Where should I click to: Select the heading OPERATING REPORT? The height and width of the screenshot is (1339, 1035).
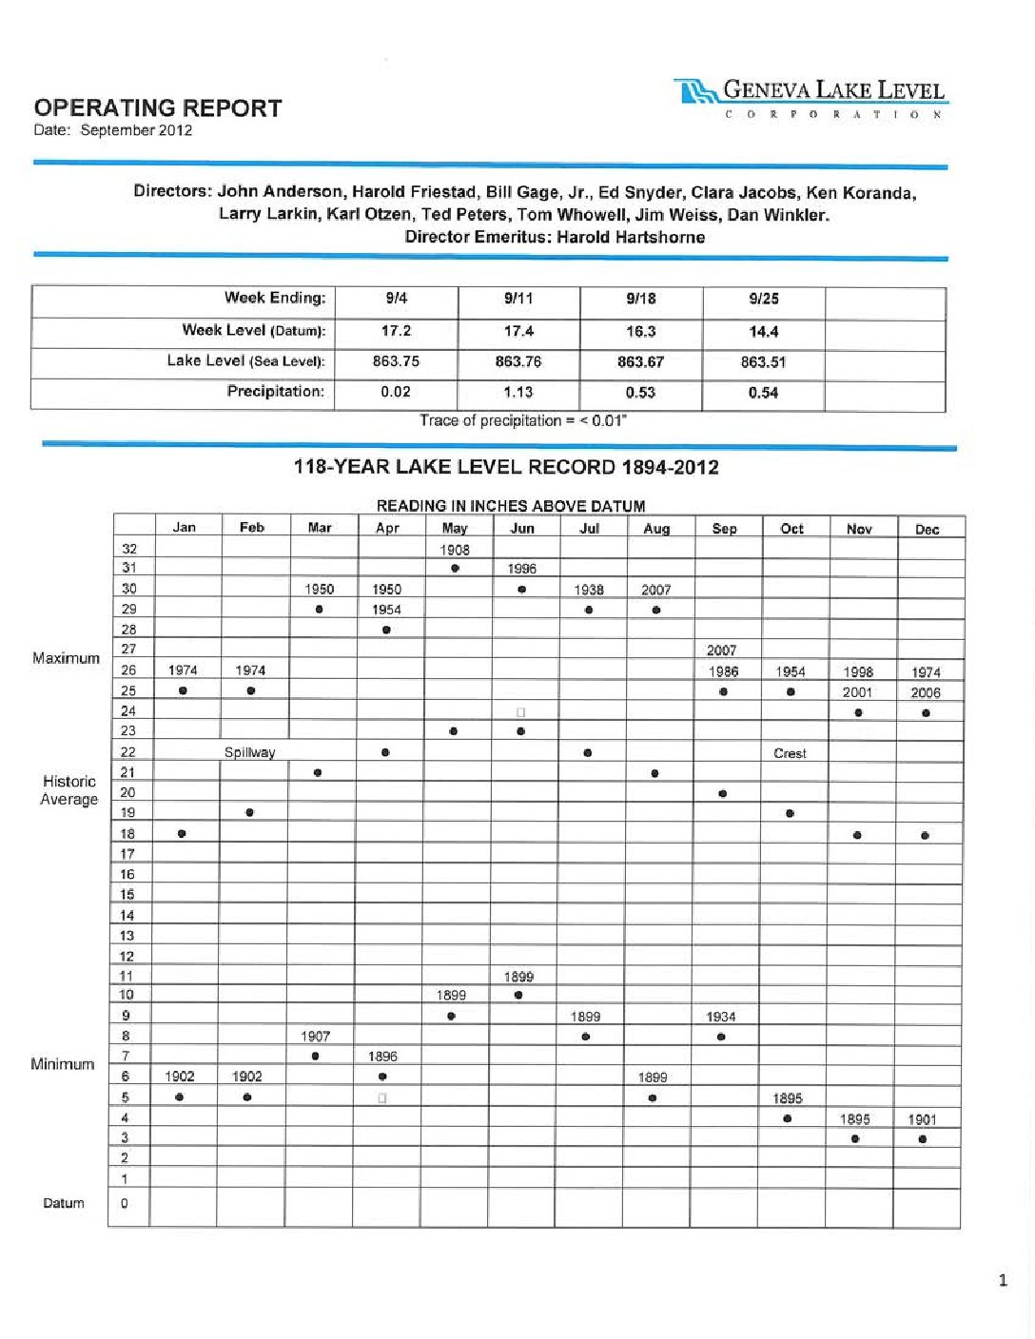coord(158,108)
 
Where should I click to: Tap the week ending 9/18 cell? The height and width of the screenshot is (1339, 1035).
coord(641,299)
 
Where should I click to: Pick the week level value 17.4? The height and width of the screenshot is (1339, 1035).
coord(518,331)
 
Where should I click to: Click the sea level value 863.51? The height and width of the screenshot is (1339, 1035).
coord(763,362)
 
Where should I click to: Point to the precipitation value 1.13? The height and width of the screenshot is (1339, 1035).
coord(518,392)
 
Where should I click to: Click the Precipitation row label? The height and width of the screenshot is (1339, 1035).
coord(275,392)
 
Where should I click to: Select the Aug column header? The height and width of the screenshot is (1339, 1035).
coord(656,529)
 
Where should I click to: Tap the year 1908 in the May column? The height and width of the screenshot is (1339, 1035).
coord(455,550)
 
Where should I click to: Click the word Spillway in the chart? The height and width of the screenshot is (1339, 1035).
coord(249,752)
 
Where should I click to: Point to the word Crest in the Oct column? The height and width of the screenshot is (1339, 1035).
coord(790,753)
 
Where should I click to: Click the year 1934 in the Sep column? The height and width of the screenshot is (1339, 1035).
coord(721,1017)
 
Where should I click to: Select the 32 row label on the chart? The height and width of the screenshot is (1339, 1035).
coord(129,548)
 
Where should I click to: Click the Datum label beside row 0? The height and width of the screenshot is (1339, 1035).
coord(64,1203)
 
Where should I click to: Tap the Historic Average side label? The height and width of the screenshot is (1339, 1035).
coord(68,790)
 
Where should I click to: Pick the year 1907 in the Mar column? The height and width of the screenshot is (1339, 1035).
coord(316,1036)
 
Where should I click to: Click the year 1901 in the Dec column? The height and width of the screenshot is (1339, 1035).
coord(922,1119)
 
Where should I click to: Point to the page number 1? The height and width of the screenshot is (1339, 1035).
coord(1003,1281)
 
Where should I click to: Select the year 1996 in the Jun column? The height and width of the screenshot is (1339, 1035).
coord(521,569)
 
